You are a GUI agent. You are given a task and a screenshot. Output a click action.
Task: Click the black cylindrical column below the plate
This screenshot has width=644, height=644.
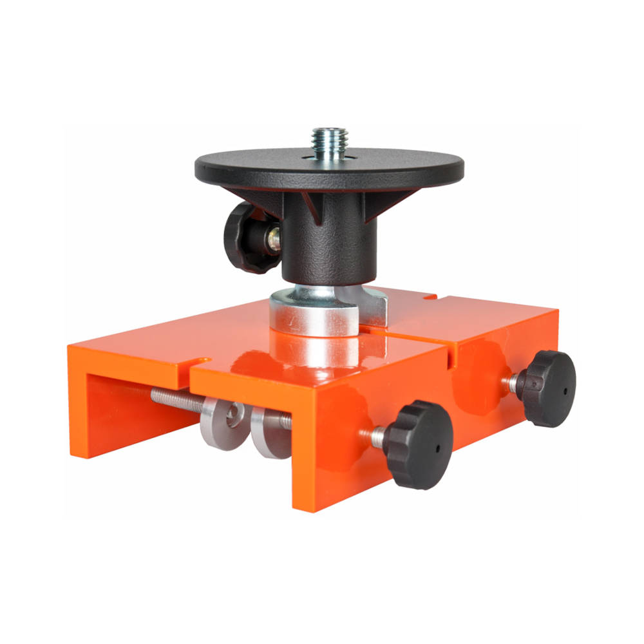(x=328, y=245)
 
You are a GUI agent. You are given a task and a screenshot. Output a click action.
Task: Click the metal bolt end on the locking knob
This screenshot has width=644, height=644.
(x=274, y=239)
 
